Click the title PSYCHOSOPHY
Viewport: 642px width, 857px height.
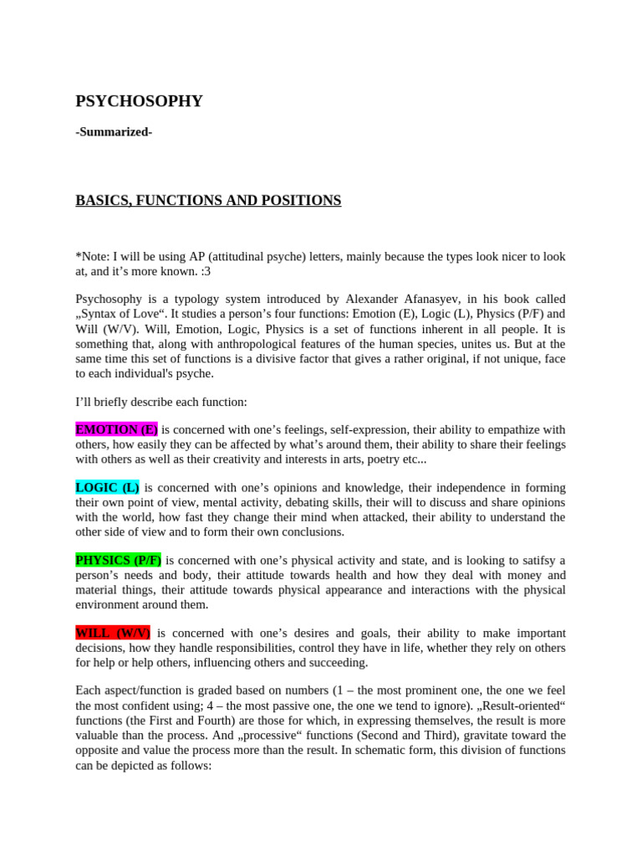(139, 101)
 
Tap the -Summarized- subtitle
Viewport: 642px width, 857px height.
(114, 131)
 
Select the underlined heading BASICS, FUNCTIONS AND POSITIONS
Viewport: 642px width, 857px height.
(208, 201)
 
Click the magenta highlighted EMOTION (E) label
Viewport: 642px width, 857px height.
(116, 429)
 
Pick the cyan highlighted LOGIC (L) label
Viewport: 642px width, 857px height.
(107, 487)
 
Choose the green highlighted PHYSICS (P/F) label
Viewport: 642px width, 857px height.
(119, 560)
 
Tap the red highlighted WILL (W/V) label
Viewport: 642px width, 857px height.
(113, 633)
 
